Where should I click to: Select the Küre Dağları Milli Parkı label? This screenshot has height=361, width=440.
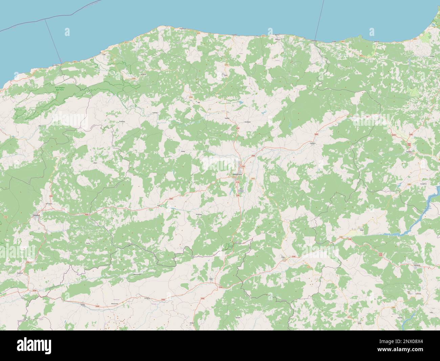[x=59, y=90]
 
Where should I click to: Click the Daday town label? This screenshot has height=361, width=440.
[x=183, y=151]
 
